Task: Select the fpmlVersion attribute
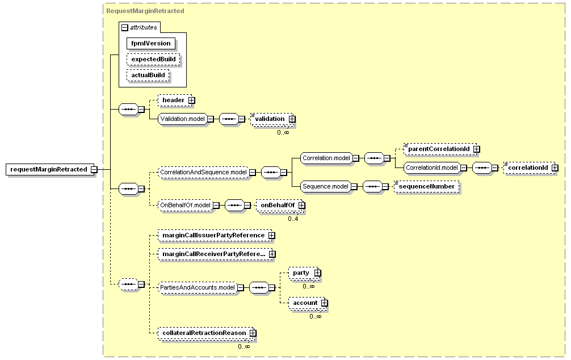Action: tap(151, 43)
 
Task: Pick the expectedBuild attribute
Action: tap(153, 60)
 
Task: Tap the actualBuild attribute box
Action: tap(148, 76)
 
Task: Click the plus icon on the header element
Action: tap(191, 100)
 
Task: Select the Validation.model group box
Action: tap(182, 119)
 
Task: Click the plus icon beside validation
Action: tap(292, 119)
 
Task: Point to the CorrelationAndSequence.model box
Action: tap(203, 173)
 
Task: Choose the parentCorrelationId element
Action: tap(440, 149)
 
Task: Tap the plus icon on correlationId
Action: tap(555, 168)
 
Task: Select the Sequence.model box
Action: tap(326, 187)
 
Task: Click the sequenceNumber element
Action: tap(426, 187)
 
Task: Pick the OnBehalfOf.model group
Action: tap(186, 205)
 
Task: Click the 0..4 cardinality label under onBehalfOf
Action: tap(293, 219)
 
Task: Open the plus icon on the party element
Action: tap(318, 273)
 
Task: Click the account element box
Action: tap(308, 303)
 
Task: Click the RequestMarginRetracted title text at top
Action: tap(145, 11)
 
